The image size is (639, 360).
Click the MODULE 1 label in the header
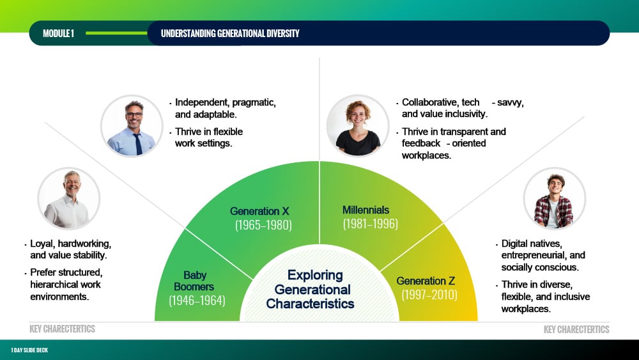(x=58, y=33)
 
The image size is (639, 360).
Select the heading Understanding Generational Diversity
(x=230, y=33)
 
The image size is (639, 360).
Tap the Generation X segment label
(x=259, y=211)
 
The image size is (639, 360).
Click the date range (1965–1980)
(x=263, y=225)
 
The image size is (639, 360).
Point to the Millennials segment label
(x=366, y=210)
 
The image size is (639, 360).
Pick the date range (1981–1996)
(x=370, y=224)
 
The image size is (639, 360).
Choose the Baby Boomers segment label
(x=194, y=281)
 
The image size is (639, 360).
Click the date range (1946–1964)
(x=197, y=301)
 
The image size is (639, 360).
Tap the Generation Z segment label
(x=426, y=281)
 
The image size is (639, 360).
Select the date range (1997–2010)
(x=429, y=295)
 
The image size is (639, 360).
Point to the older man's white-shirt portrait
(x=68, y=199)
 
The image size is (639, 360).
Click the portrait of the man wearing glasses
(x=132, y=126)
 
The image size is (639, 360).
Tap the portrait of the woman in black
(x=358, y=126)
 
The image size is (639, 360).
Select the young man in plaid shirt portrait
(x=554, y=199)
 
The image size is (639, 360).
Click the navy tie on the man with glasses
(x=138, y=143)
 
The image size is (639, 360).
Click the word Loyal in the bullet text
(x=42, y=244)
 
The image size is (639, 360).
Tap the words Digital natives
(x=532, y=244)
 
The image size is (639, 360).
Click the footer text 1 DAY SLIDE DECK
(x=29, y=350)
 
